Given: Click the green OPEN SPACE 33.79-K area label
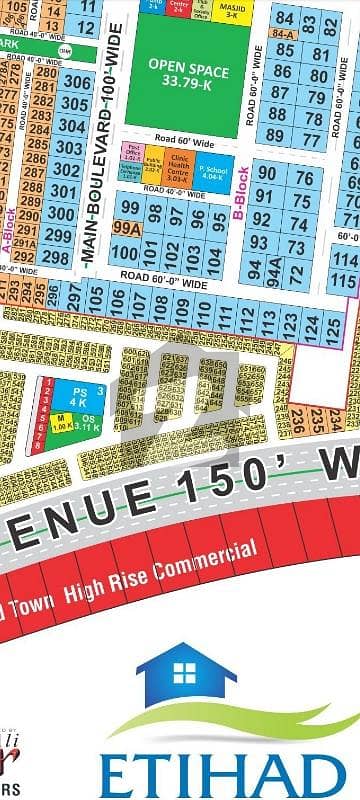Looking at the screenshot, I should pos(189,73).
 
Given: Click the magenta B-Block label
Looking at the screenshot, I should pos(241,192).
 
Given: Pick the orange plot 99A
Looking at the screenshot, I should pos(127,229).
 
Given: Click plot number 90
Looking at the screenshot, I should pos(266,174).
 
